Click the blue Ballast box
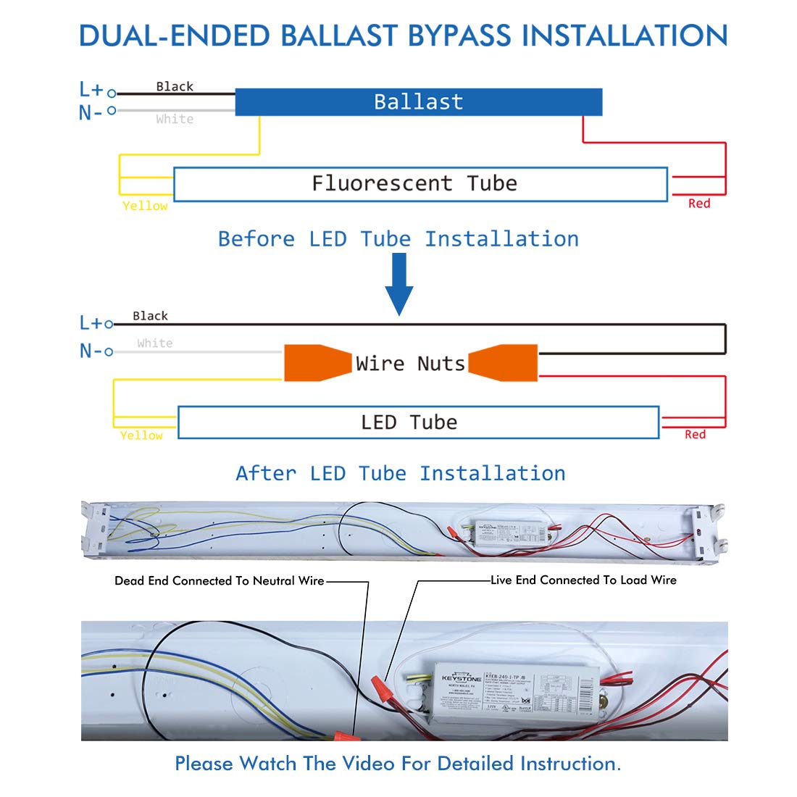[418, 102]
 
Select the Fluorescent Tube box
[420, 184]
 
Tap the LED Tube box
[418, 422]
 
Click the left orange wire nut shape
[314, 363]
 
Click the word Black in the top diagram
[175, 86]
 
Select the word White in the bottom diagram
[155, 343]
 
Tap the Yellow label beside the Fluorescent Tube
[145, 206]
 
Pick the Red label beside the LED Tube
[695, 435]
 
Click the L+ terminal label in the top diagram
[92, 90]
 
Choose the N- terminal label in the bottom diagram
[91, 351]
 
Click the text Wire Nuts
[410, 363]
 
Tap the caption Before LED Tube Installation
[398, 239]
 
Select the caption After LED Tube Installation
[401, 474]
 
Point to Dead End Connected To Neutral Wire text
[219, 580]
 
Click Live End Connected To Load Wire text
[583, 580]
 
